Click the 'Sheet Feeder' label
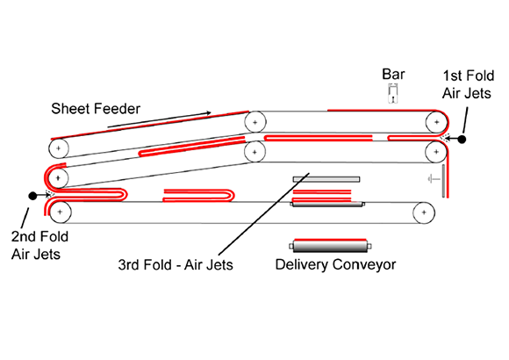point(96,109)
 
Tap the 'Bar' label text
point(393,74)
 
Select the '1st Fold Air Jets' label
point(468,84)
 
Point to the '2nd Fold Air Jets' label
point(39,245)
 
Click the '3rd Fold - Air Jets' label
point(176,265)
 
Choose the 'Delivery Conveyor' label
point(335,264)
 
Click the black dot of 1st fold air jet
point(462,139)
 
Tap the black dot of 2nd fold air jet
point(32,196)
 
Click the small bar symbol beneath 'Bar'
point(393,94)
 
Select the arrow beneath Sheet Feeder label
point(159,119)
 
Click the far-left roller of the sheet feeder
point(59,148)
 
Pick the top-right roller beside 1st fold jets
point(437,122)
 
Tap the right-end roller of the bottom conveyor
point(424,212)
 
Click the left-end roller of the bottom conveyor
point(60,212)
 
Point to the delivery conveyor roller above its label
point(330,246)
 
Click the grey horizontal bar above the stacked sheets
point(326,179)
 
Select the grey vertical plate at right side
point(443,181)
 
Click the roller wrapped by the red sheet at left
point(58,177)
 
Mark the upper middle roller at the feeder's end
point(255,122)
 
